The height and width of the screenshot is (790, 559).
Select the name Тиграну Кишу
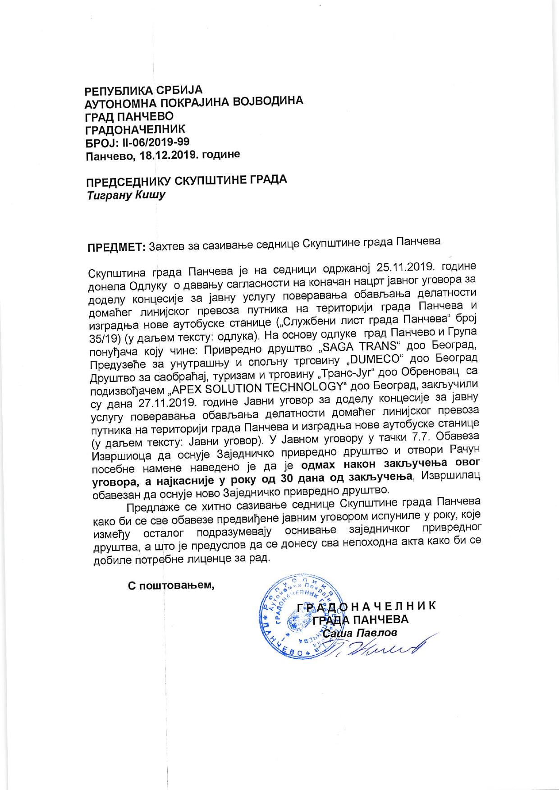126,196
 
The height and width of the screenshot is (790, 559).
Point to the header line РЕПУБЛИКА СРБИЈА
144,90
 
